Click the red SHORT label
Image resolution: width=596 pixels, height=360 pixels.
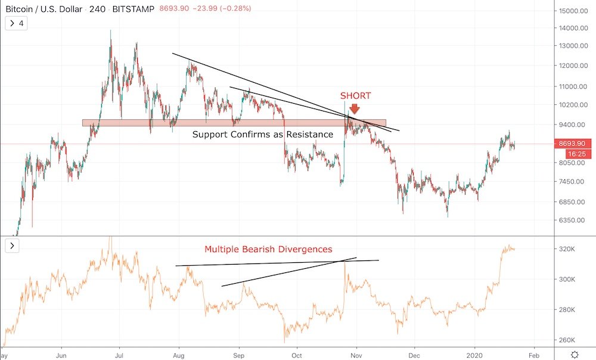(355, 96)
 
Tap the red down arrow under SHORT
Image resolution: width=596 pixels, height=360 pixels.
(355, 109)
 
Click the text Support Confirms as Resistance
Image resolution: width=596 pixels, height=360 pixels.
(262, 135)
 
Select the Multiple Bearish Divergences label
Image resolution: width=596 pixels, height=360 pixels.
(268, 249)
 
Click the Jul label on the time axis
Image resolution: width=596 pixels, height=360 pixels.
(119, 353)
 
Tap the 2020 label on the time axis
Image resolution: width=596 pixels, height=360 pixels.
(475, 353)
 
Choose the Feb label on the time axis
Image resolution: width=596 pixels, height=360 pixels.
(534, 353)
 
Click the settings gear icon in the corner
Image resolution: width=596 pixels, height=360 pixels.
(574, 354)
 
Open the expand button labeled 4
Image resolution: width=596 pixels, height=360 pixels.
(16, 24)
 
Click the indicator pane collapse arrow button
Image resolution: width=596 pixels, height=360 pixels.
(13, 246)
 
